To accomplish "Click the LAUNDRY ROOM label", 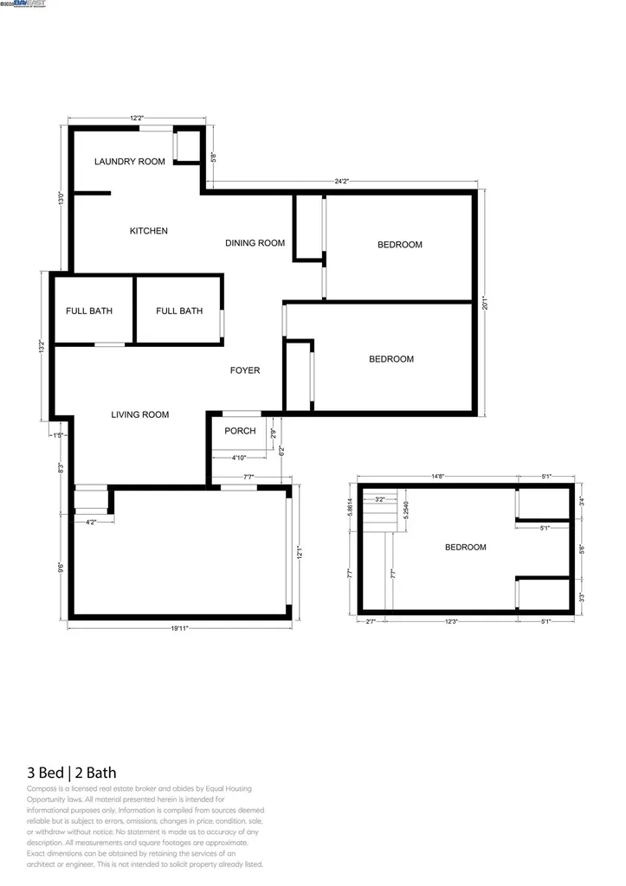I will (129, 162).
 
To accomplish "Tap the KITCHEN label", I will (149, 231).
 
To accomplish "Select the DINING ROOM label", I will (255, 243).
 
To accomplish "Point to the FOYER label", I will (244, 370).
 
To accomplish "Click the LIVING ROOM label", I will (140, 414).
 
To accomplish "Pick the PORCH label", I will (240, 431).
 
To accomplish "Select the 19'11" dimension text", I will (179, 629).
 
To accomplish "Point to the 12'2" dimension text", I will (137, 119).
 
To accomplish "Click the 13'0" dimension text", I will (61, 198).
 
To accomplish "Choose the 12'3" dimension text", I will (451, 620).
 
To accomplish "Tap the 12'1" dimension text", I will (300, 551).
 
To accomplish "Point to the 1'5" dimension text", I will (58, 434).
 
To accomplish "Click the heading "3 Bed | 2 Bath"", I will (72, 772).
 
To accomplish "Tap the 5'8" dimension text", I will (213, 157).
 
